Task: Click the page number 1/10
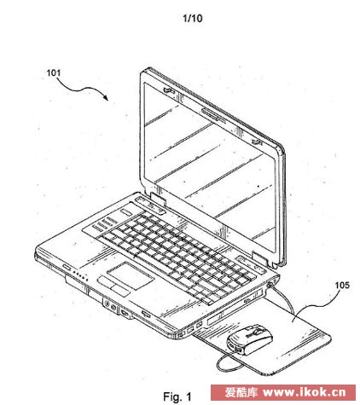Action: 193,18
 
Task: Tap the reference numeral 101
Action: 54,72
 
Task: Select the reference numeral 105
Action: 342,285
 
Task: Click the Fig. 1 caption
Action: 177,396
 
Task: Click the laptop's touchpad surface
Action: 130,275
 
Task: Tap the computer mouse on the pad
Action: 249,339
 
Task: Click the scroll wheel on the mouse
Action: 259,331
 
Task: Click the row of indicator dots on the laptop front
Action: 79,275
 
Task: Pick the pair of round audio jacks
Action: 110,305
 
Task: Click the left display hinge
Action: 159,198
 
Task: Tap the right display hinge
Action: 261,257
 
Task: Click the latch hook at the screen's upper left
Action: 168,90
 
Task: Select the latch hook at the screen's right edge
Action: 256,142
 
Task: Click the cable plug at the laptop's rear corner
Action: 270,284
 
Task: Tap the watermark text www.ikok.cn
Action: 305,392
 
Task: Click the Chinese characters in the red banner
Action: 241,392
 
